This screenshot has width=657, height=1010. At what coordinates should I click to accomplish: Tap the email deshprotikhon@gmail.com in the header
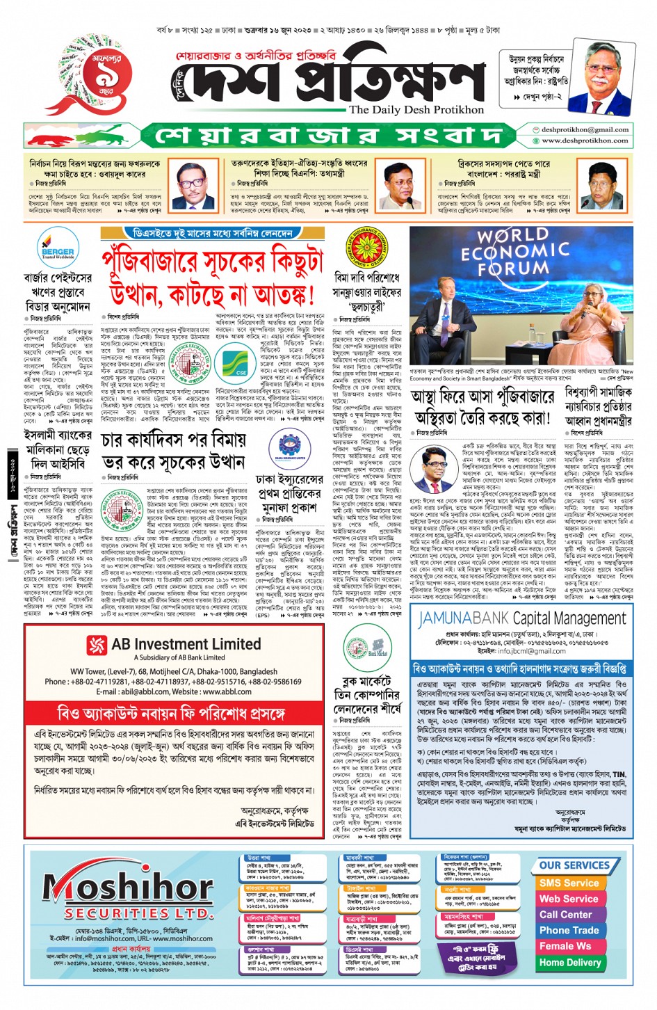pyautogui.click(x=584, y=129)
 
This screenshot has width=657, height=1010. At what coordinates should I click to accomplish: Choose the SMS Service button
pyautogui.click(x=569, y=883)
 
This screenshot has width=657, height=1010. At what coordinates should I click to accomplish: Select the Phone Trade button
pyautogui.click(x=569, y=931)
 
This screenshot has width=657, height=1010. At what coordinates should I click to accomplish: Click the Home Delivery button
pyautogui.click(x=570, y=963)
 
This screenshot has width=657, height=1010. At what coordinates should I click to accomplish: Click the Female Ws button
pyautogui.click(x=565, y=947)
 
